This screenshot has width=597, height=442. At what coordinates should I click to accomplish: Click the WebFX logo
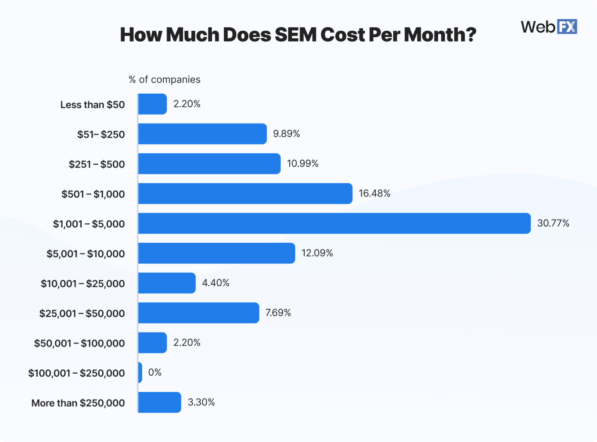[x=549, y=27]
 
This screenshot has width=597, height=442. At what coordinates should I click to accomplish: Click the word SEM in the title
[x=295, y=35]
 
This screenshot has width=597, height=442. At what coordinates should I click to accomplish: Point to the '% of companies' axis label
[x=164, y=80]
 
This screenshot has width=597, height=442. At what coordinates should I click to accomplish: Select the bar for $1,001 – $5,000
[x=334, y=223]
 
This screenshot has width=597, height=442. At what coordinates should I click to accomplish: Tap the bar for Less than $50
[x=152, y=104]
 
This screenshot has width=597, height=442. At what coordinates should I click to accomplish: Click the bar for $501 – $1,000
[x=245, y=193]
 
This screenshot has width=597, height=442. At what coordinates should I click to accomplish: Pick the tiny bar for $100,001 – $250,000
[x=140, y=372]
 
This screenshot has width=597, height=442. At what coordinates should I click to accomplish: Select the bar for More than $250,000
[x=159, y=402]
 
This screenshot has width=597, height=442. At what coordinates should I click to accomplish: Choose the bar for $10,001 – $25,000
[x=167, y=283]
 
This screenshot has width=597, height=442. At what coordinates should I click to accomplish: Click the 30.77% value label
[x=553, y=223]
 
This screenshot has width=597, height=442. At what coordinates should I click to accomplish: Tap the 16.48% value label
[x=374, y=193]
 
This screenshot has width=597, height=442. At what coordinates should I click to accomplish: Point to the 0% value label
[x=155, y=372]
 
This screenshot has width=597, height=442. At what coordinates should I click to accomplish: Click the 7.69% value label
[x=278, y=313]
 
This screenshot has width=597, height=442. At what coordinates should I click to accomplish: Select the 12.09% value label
[x=317, y=253]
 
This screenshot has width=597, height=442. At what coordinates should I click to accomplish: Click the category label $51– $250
[x=101, y=134]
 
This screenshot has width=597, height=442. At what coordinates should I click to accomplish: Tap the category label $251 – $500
[x=97, y=164]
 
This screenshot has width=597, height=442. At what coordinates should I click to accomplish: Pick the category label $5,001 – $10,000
[x=86, y=254]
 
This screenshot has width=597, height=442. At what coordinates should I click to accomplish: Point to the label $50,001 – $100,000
[x=79, y=343]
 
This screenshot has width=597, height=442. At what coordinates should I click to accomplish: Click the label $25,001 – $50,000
[x=82, y=313]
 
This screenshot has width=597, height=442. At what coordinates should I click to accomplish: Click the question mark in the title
[x=470, y=35]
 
